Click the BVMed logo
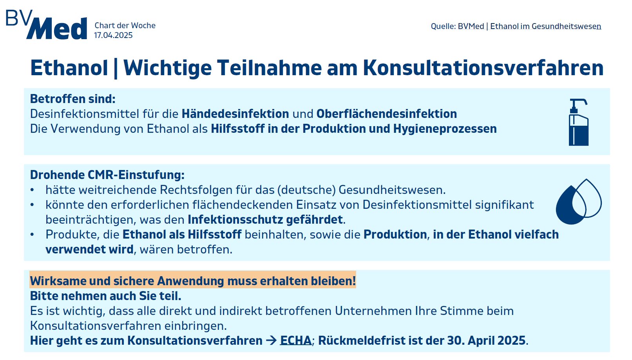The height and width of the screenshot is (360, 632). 46,25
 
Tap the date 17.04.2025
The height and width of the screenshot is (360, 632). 113,35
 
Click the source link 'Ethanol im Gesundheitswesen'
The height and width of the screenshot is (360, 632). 546,26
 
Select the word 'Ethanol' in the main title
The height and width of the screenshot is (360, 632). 69,68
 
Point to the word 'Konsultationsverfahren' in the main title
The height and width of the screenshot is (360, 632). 483,68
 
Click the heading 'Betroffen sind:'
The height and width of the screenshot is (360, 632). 73,99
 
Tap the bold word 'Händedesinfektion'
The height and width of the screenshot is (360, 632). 235,114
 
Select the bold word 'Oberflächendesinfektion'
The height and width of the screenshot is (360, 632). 387,114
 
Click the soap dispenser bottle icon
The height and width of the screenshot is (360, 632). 578,122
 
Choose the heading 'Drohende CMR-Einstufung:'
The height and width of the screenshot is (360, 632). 107,175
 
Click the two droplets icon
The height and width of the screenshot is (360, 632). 579,202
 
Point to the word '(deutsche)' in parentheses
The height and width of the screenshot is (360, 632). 306,190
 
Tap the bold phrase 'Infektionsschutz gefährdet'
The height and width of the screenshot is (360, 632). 265,219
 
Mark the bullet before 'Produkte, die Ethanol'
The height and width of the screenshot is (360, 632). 32,235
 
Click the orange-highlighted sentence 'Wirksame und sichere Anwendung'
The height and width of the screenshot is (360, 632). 193,281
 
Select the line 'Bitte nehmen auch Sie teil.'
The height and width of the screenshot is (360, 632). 105,296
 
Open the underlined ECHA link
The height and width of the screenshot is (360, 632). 296,340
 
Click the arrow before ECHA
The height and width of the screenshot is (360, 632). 271,340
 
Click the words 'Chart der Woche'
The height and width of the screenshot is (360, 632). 125,26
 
